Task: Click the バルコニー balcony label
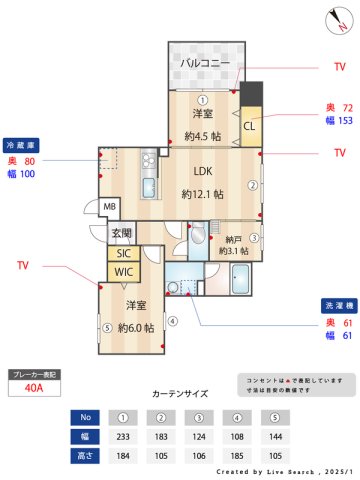206,63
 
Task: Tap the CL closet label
249,126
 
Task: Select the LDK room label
204,170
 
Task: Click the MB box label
111,207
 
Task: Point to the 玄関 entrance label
122,234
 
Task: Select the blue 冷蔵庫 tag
22,144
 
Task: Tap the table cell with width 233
122,436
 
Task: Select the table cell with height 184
122,455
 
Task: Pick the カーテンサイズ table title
180,394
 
